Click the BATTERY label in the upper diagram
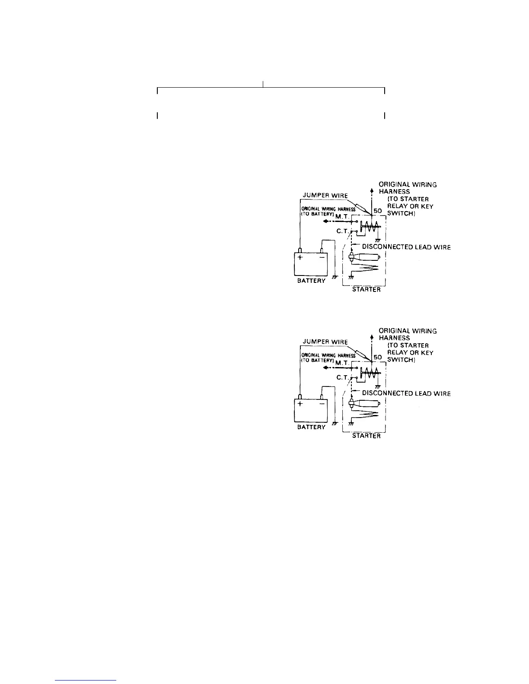coord(311,281)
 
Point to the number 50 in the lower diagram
coord(377,357)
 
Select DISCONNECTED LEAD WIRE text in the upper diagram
coord(406,247)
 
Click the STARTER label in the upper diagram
coord(366,289)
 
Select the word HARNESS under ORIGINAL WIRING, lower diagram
coord(394,338)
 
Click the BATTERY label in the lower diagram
coord(311,427)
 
